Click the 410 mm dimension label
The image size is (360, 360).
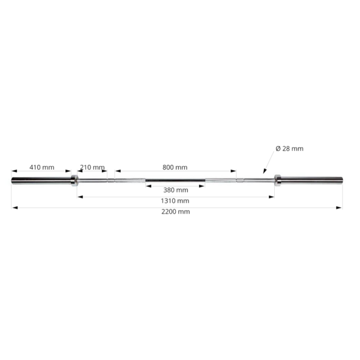tap(42, 167)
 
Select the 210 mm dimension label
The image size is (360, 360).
tap(92, 167)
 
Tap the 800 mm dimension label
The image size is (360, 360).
tap(175, 167)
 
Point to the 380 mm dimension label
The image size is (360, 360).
tap(176, 190)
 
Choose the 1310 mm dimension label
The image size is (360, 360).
tap(175, 200)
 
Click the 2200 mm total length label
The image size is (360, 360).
tap(176, 211)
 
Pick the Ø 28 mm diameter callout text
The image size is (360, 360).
tap(290, 149)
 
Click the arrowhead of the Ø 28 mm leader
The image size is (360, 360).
tap(264, 171)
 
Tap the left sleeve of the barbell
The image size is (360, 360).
tap(41, 181)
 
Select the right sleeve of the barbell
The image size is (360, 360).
tap(312, 180)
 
